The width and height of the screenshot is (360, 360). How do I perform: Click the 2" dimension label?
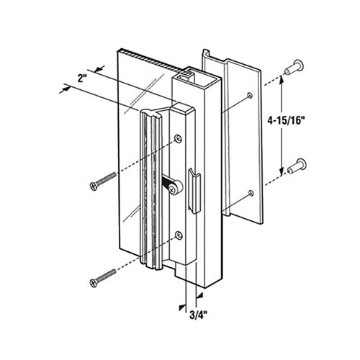(x=81, y=78)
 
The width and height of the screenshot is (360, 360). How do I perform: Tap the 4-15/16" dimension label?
(x=286, y=120)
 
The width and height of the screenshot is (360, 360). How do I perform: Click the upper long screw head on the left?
(x=93, y=186)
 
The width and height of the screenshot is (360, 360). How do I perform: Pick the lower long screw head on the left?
(x=93, y=282)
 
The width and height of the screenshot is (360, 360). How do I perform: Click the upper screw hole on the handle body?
(x=178, y=138)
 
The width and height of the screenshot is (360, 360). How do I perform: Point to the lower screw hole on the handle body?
(x=179, y=235)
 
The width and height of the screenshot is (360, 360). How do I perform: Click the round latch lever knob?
(x=174, y=189)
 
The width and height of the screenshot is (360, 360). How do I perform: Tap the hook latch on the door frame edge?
(x=194, y=190)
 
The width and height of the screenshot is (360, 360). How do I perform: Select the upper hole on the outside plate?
(x=250, y=95)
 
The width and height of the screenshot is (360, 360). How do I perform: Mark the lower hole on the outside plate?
(x=251, y=193)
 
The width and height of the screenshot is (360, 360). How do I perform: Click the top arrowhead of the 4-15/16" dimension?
(x=280, y=81)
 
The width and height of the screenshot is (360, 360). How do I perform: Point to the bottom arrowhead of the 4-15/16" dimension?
(x=281, y=171)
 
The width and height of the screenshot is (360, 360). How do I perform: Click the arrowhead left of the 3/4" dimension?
(x=182, y=307)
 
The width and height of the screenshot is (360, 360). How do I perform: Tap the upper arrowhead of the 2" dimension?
(x=99, y=68)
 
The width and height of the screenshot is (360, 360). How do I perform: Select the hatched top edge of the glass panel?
(x=153, y=60)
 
